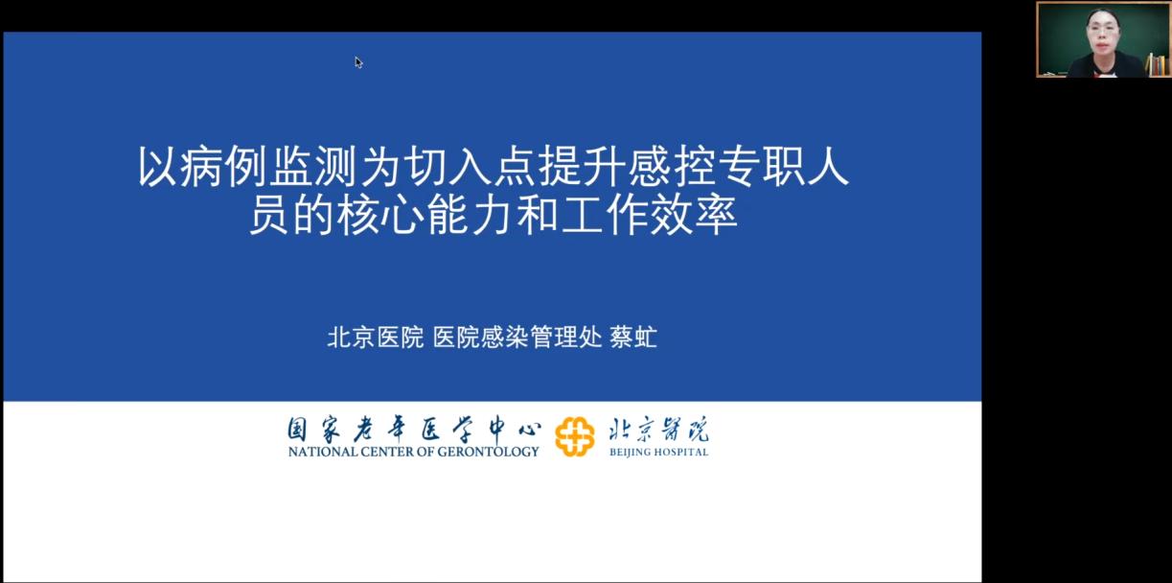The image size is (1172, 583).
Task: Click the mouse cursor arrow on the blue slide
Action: point(358,62)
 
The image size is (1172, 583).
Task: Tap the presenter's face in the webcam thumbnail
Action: point(1103,34)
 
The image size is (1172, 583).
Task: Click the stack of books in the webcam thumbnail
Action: point(1157,64)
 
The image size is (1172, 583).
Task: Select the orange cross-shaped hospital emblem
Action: point(574,436)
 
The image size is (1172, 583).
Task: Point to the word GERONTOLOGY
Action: point(488,452)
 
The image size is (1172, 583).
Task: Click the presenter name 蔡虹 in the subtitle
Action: point(633,337)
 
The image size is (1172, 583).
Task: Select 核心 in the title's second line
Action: point(379,214)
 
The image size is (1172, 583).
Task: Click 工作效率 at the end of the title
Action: point(650,214)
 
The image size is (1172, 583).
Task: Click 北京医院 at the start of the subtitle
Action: point(375,337)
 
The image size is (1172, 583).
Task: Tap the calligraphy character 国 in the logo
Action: point(297,430)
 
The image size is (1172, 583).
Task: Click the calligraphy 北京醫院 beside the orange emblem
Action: point(658,430)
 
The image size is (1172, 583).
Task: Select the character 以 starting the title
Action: point(157,167)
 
